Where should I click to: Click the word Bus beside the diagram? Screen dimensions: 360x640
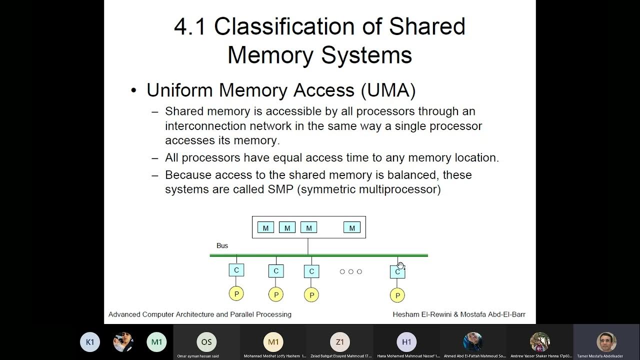click(x=222, y=245)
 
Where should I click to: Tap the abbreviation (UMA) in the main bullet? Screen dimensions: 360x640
click(x=388, y=90)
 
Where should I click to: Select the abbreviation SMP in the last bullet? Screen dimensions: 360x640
click(x=279, y=189)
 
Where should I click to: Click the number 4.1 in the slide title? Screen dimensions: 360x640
click(x=189, y=27)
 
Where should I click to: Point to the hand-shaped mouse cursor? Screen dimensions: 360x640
click(x=400, y=265)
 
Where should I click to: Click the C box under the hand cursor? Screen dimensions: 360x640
click(x=397, y=272)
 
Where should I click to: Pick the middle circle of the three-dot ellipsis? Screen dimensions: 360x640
click(x=350, y=271)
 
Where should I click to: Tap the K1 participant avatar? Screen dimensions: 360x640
click(x=90, y=342)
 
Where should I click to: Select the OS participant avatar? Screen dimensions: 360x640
click(x=206, y=342)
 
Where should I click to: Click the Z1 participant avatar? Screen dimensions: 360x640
click(x=340, y=342)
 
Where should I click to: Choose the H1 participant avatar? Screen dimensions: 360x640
click(x=406, y=342)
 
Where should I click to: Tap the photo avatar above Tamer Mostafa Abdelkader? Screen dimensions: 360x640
click(x=606, y=342)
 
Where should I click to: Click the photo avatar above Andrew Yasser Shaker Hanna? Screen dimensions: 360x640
click(x=540, y=342)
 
